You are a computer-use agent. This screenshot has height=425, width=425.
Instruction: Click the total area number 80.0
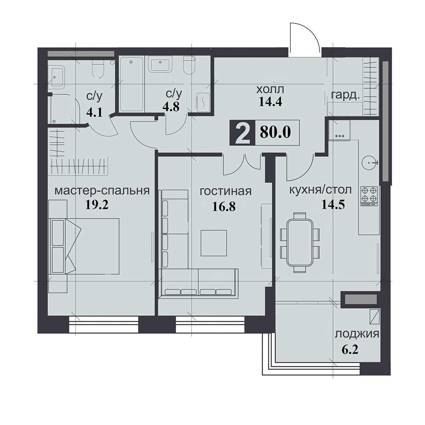(275, 132)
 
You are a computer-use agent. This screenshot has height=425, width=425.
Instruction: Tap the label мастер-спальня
(102, 191)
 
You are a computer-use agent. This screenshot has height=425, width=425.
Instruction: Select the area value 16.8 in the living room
(224, 207)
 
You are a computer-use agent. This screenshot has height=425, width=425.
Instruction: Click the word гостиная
(226, 191)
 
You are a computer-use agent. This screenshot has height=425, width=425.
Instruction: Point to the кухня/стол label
(320, 190)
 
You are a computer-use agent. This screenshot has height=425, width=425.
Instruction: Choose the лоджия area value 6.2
(350, 350)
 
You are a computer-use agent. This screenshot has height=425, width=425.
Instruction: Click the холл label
(270, 90)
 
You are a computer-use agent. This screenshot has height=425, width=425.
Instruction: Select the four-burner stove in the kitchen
(369, 196)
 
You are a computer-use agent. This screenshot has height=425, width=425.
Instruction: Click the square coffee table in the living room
(214, 243)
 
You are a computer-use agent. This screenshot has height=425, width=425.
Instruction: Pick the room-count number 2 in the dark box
(242, 133)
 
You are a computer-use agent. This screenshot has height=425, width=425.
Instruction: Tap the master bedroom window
(104, 325)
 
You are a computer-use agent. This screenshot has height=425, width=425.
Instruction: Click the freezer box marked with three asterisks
(339, 130)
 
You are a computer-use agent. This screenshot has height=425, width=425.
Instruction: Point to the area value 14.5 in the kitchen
(333, 205)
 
